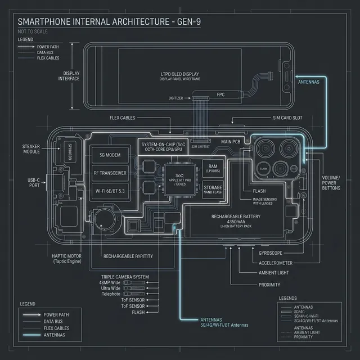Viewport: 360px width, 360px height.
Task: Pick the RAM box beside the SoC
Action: pyautogui.click(x=213, y=168)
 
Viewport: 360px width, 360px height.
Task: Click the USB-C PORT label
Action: pyautogui.click(x=34, y=183)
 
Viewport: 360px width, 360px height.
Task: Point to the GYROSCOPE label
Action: pyautogui.click(x=273, y=253)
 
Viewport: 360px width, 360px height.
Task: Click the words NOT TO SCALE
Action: pyautogui.click(x=34, y=31)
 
